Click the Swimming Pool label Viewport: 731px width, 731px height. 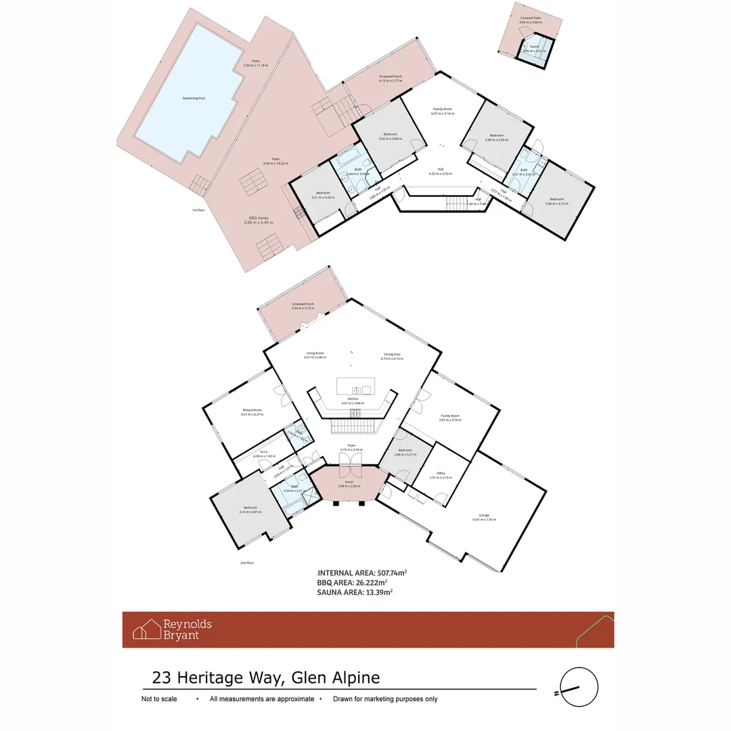coord(194,98)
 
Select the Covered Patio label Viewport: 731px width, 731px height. coord(531,19)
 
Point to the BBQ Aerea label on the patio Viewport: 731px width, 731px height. coord(257,218)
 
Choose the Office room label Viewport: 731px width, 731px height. coord(440,473)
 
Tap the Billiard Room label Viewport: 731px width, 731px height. coord(252,410)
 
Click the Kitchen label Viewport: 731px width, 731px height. coord(353,399)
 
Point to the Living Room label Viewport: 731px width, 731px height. coord(315,353)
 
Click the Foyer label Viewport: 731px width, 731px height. coord(351,445)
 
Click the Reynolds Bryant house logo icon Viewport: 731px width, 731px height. coord(146,630)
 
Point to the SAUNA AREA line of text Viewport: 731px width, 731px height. coord(354,592)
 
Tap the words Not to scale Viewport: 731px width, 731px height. coord(159,699)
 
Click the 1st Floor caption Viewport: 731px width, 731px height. coord(198,210)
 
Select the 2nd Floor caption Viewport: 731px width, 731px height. coord(246,562)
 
